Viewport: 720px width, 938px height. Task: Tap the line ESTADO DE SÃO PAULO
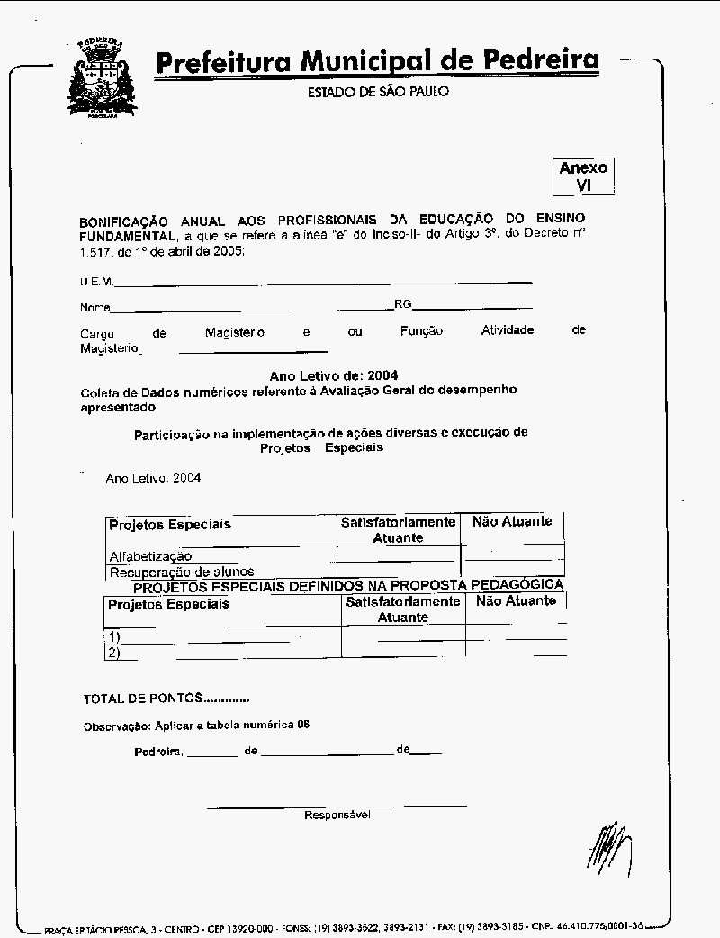pyautogui.click(x=378, y=92)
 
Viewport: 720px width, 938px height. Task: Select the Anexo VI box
pyautogui.click(x=583, y=176)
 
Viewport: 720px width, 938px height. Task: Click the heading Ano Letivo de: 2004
pyautogui.click(x=334, y=375)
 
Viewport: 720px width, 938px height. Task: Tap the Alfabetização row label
pyautogui.click(x=150, y=556)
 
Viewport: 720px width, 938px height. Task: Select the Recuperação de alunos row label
pyautogui.click(x=182, y=572)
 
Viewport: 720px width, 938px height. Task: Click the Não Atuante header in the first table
pyautogui.click(x=512, y=521)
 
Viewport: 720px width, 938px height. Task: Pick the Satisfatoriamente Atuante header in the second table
pyautogui.click(x=402, y=609)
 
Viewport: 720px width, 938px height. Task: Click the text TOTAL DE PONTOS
pyautogui.click(x=144, y=699)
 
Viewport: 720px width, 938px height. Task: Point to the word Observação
pyautogui.click(x=116, y=726)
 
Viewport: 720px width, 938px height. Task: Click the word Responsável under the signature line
pyautogui.click(x=337, y=815)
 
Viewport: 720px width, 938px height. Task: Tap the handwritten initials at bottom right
pyautogui.click(x=610, y=846)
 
